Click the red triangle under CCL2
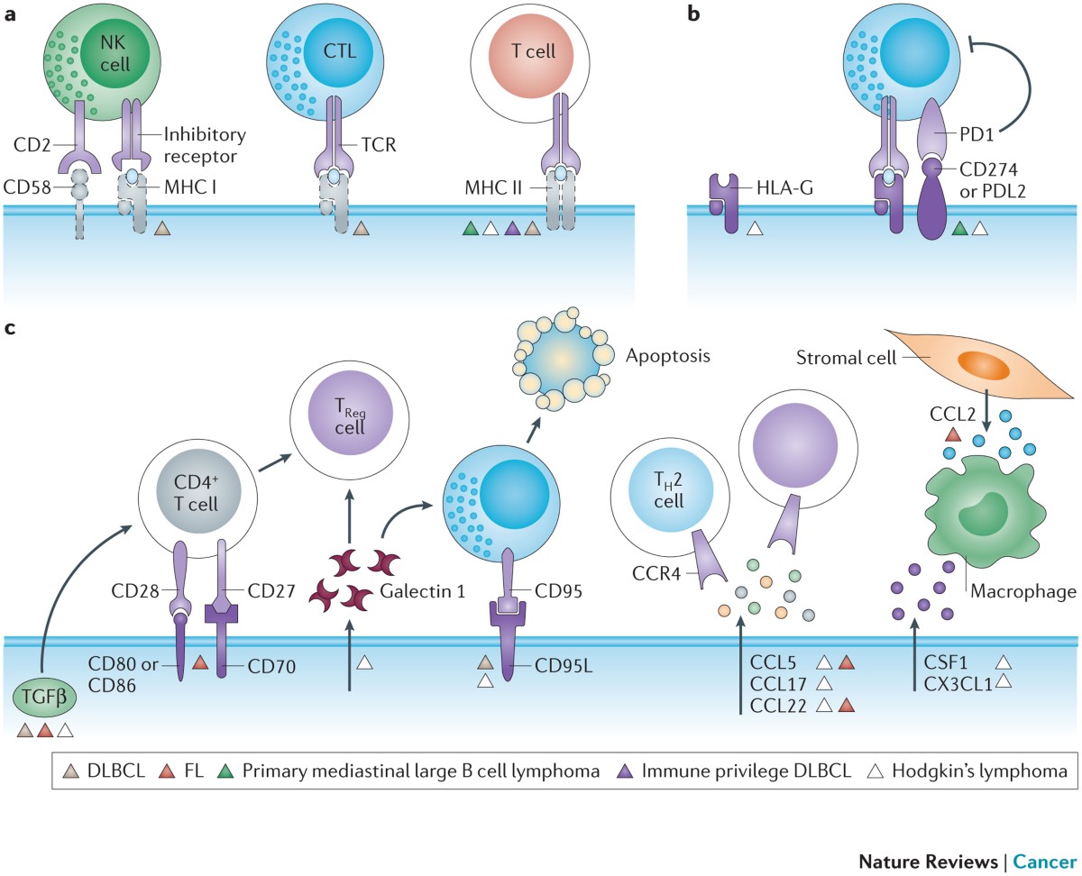[951, 434]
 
